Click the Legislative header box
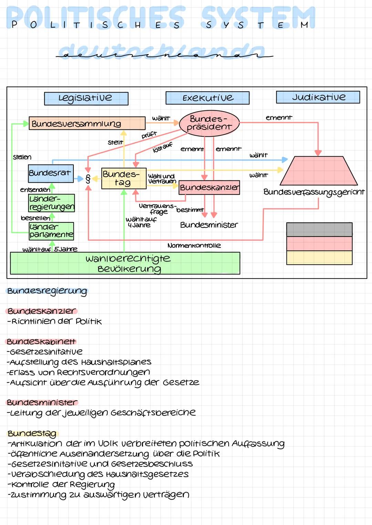click(86, 98)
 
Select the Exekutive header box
click(207, 98)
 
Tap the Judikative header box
click(318, 97)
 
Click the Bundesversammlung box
click(87, 123)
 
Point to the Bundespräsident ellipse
click(209, 123)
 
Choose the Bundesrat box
click(51, 173)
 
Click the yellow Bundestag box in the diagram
click(124, 178)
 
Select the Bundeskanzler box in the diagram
click(209, 188)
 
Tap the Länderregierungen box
click(52, 203)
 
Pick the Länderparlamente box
click(51, 231)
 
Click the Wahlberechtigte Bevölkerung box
click(125, 263)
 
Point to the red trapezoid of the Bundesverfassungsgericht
click(319, 171)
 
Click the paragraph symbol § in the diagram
click(88, 179)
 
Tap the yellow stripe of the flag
click(319, 258)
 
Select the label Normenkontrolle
click(194, 245)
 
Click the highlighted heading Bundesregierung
click(47, 291)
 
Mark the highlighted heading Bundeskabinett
click(41, 342)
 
